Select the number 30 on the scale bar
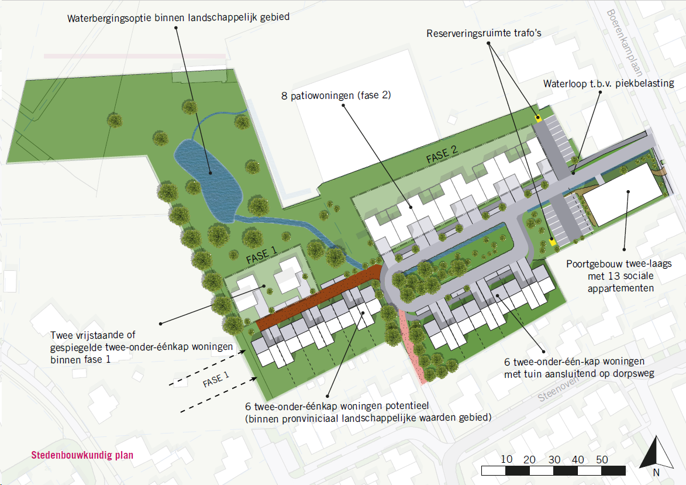(554, 459)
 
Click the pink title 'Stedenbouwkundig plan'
(82, 455)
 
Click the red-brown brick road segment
(316, 296)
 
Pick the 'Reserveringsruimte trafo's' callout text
(484, 33)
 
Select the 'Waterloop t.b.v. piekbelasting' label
(609, 84)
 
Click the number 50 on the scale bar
(602, 459)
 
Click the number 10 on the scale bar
(506, 459)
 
